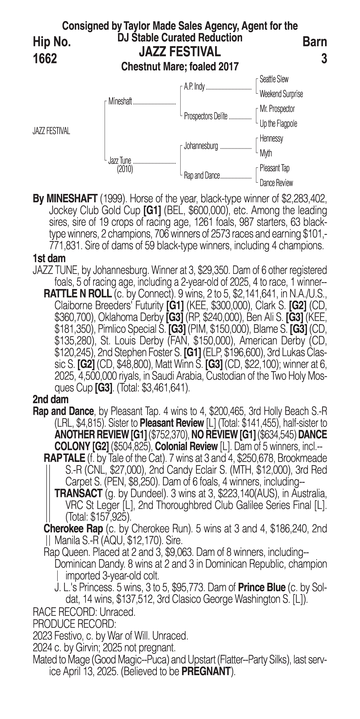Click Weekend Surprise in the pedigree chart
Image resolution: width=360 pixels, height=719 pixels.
tap(281, 94)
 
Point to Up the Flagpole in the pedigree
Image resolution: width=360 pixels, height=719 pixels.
tap(278, 124)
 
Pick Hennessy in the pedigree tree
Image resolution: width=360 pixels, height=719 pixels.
tap(271, 138)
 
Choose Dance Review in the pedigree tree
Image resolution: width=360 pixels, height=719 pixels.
tap(276, 183)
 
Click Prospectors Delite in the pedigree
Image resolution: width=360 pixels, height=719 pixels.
tap(206, 116)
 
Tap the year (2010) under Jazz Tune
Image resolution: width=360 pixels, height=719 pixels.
tap(125, 169)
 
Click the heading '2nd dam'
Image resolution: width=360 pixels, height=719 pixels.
tap(51, 399)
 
